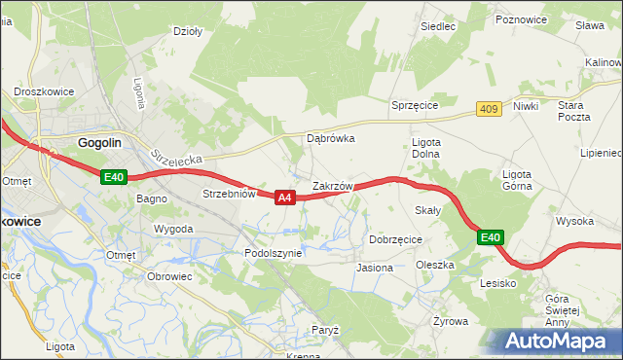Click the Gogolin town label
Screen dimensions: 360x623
(x=99, y=142)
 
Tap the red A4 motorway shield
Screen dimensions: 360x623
(x=284, y=198)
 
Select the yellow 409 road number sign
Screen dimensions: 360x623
(x=489, y=110)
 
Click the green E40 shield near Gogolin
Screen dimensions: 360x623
(x=114, y=176)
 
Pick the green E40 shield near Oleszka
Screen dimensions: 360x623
(x=491, y=237)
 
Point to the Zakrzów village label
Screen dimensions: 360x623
(x=339, y=185)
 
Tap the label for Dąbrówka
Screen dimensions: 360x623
(x=331, y=138)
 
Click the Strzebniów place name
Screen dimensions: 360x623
(x=229, y=194)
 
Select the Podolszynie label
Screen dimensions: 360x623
(x=275, y=252)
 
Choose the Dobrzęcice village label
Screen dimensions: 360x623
(x=395, y=238)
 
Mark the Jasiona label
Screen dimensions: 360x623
(x=375, y=267)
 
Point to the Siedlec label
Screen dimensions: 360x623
(x=438, y=26)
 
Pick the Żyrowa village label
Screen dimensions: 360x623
(x=451, y=320)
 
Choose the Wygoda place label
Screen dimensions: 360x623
(x=173, y=229)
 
